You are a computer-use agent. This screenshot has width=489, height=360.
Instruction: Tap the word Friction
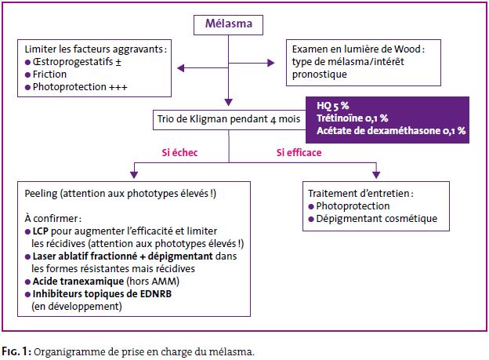click(49, 75)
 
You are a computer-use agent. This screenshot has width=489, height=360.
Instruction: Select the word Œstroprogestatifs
click(73, 62)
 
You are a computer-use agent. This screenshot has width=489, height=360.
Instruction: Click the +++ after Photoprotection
click(118, 87)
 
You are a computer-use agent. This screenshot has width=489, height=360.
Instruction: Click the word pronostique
click(320, 75)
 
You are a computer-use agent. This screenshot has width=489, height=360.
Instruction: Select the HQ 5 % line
click(333, 106)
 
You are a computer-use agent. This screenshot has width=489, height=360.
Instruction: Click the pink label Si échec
click(179, 152)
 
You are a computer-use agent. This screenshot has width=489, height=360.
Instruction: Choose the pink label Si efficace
click(299, 152)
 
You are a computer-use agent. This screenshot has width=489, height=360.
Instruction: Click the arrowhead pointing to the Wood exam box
click(270, 63)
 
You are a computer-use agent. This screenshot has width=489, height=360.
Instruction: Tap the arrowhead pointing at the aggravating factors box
click(181, 67)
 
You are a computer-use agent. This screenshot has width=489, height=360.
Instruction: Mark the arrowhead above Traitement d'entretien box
click(376, 175)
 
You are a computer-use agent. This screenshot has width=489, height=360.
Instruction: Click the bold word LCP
click(41, 231)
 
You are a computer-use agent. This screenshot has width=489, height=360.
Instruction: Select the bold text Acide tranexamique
click(78, 282)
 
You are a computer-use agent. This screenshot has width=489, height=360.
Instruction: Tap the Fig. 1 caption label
click(16, 351)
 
